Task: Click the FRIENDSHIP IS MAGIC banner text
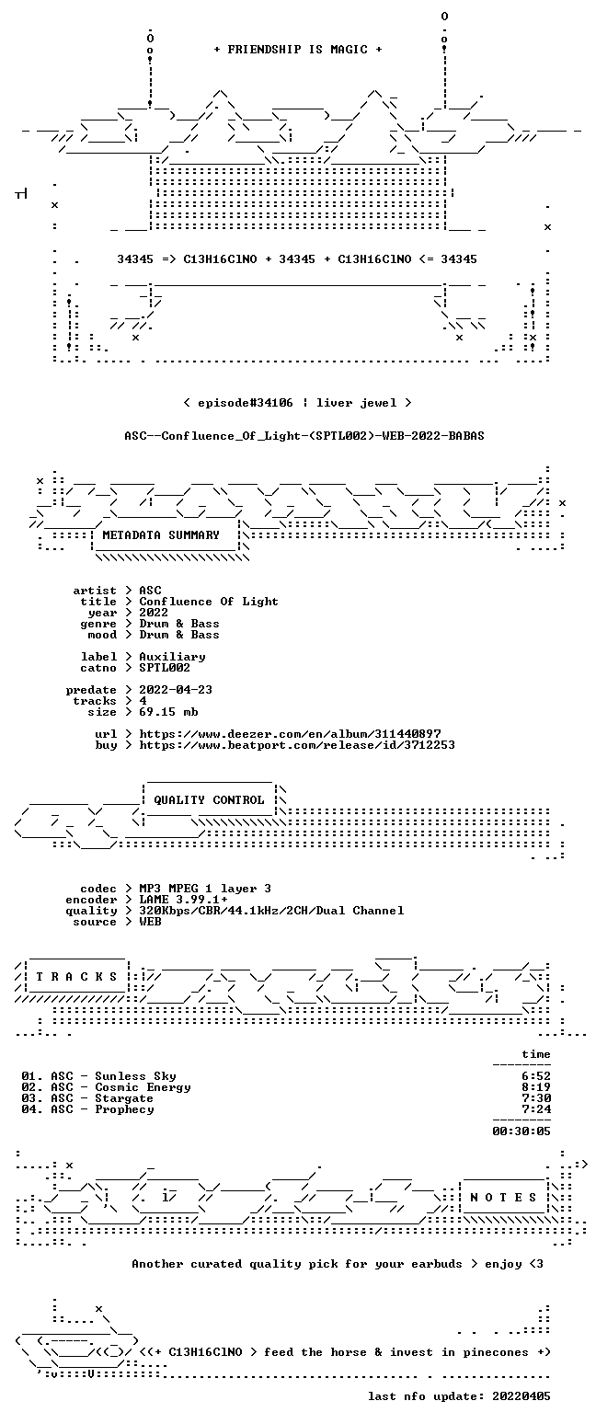[x=297, y=50]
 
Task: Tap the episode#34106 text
[x=246, y=403]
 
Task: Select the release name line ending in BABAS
[x=304, y=436]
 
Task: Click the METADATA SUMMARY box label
[x=161, y=535]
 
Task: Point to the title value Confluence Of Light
[x=209, y=602]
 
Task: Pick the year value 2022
[x=154, y=613]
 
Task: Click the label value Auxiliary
[x=172, y=657]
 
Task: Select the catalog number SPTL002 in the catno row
[x=165, y=668]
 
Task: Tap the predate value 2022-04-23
[x=176, y=690]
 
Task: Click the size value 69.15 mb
[x=168, y=712]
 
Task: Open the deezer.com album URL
[x=290, y=734]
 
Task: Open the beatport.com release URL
[x=297, y=745]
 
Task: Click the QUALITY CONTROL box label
[x=209, y=800]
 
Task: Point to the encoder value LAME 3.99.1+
[x=183, y=900]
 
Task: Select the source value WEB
[x=150, y=922]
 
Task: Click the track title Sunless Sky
[x=135, y=1076]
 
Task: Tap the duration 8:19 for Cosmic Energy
[x=536, y=1087]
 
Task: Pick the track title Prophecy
[x=124, y=1109]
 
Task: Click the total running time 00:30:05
[x=521, y=1131]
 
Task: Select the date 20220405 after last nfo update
[x=521, y=1396]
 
